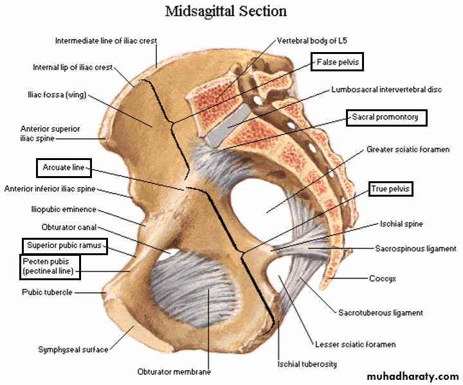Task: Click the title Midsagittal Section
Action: [x=226, y=12]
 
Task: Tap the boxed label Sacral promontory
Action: [x=386, y=117]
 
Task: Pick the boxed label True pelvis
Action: [x=390, y=188]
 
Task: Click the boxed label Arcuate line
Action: [x=63, y=168]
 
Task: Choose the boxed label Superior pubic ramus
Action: [x=64, y=246]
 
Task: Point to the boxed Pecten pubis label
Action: [x=50, y=267]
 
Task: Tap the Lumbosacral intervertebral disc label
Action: [x=386, y=89]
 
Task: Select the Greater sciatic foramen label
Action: [x=408, y=150]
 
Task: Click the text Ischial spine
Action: [x=400, y=224]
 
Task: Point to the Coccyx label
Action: [x=383, y=279]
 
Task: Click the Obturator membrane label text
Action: [x=174, y=372]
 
